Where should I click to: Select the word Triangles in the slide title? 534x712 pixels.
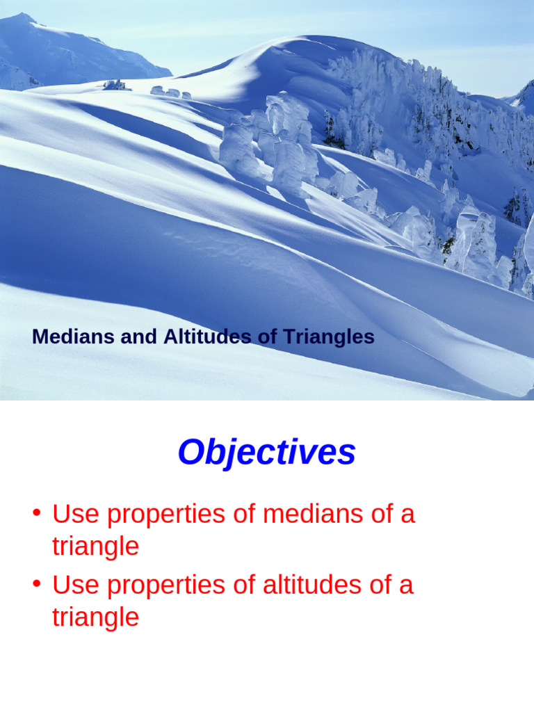pos(328,337)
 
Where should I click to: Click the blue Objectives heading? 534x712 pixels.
pos(266,453)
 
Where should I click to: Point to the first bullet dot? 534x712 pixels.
pos(36,515)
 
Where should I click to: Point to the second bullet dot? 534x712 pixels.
pos(36,585)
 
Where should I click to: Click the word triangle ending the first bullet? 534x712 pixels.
pos(95,547)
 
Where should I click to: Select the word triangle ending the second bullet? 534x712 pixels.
pos(95,617)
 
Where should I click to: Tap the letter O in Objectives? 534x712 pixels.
pos(190,453)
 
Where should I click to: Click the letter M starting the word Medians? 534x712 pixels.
pos(40,337)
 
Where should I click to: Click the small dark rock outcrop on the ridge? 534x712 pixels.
pos(116,85)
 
